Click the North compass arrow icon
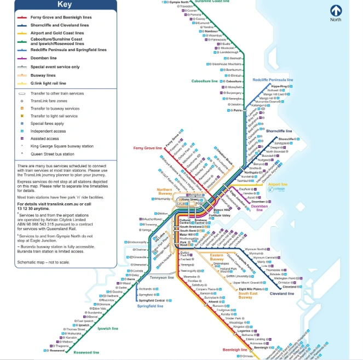(x=336, y=11)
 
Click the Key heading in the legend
(x=64, y=5)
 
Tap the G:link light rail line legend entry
(x=48, y=83)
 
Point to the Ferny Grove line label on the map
(x=147, y=148)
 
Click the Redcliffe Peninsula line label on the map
(x=273, y=80)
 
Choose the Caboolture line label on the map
(x=204, y=81)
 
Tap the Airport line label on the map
(x=278, y=185)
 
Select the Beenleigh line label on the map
(x=235, y=350)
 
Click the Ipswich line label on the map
(x=107, y=329)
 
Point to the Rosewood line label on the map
(x=87, y=352)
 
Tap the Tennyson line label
(x=163, y=278)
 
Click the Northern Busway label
(x=165, y=192)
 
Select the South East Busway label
(x=248, y=296)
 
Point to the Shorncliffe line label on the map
(x=279, y=132)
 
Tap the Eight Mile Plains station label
(x=250, y=289)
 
